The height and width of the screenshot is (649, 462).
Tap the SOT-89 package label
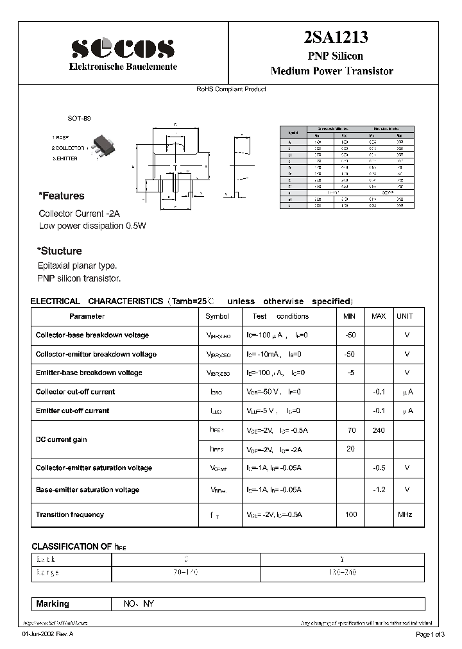[x=80, y=119]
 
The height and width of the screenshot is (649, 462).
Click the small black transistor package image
[x=101, y=144]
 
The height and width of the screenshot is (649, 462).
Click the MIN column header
[x=350, y=316]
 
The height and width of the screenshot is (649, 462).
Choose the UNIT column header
[x=405, y=316]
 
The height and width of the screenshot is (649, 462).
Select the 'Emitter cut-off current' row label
[x=73, y=410]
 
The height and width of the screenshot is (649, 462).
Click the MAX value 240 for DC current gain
[x=378, y=430]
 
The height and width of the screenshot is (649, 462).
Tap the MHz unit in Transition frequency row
[x=405, y=514]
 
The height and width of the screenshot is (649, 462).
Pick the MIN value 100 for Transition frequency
[x=350, y=514]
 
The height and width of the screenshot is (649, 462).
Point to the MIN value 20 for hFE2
[x=350, y=449]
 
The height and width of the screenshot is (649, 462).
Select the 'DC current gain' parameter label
[x=62, y=440]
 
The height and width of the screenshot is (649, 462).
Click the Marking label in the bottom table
[x=53, y=604]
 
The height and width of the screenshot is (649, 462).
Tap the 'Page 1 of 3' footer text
[x=427, y=635]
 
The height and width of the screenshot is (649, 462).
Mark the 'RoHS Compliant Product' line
[x=231, y=89]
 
